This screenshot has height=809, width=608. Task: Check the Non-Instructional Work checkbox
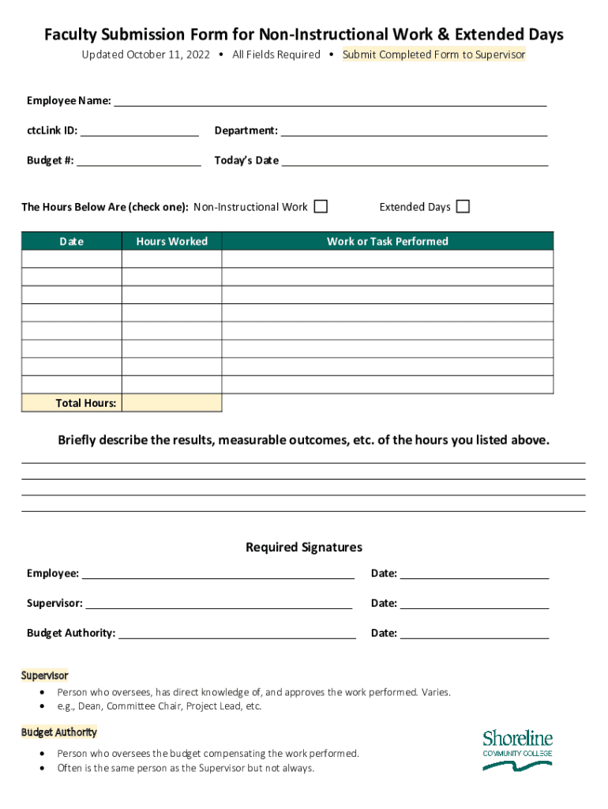(321, 207)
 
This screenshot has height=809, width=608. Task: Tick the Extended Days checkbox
(463, 207)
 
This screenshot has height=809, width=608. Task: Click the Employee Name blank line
(330, 100)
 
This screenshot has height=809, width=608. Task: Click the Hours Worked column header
(171, 241)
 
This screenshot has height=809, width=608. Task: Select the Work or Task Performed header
(387, 241)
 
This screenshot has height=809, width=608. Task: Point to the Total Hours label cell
(72, 403)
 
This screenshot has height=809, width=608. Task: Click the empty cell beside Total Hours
(172, 403)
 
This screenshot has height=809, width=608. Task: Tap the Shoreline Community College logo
(517, 750)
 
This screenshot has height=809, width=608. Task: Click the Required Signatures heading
(304, 547)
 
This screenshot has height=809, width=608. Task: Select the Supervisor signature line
(218, 603)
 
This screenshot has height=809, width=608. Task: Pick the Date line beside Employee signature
(474, 573)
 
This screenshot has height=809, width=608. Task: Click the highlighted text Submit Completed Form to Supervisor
(433, 55)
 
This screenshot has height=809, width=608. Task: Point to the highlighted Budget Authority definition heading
(59, 732)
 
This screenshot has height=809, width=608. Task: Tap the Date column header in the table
(71, 241)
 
